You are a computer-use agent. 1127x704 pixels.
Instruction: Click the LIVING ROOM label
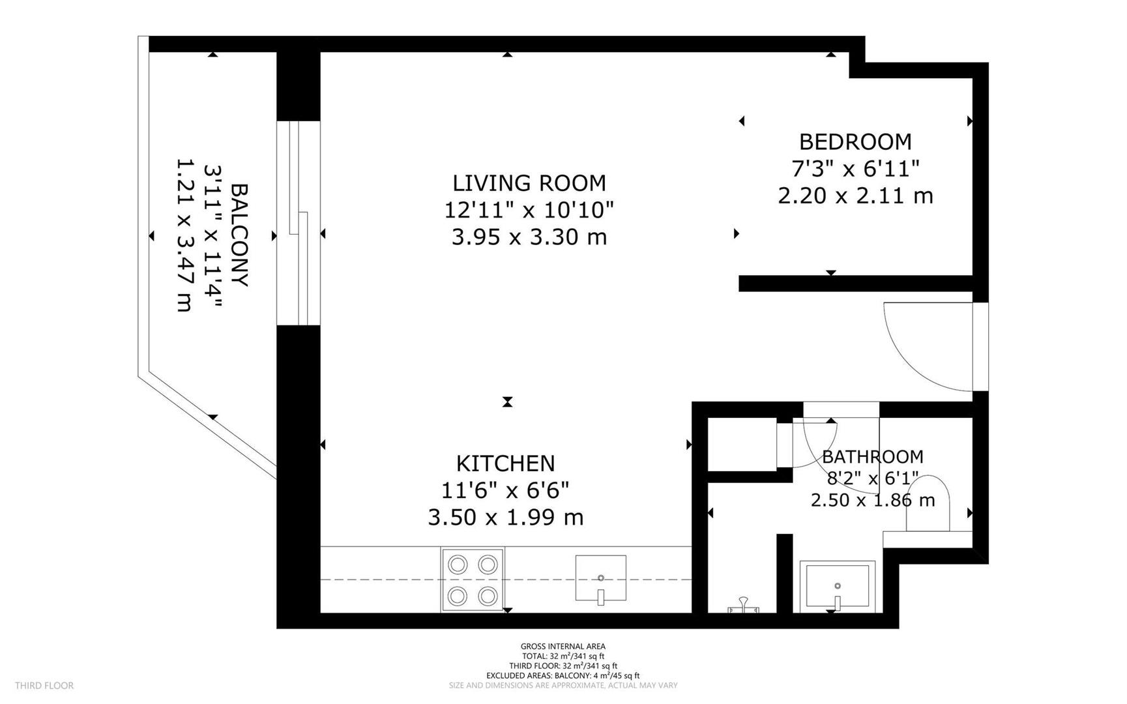pos(529,183)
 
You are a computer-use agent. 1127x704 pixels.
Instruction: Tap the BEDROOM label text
pos(855,141)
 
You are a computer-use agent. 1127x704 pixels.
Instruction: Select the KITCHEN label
pos(505,463)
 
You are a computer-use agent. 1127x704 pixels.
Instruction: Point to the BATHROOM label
pos(872,456)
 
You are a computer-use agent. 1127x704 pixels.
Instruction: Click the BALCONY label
pos(239,235)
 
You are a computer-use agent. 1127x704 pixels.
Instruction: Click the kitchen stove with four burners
pos(473,579)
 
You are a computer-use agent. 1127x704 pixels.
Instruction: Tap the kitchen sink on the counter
pos(600,578)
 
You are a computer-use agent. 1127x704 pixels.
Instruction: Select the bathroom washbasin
pos(838,585)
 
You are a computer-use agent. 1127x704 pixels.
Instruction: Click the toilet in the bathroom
pos(928,504)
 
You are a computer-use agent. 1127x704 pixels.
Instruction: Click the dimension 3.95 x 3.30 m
pos(529,237)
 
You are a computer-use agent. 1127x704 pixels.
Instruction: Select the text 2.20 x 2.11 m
pos(855,196)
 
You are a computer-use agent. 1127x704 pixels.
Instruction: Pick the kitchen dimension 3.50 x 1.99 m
pos(505,518)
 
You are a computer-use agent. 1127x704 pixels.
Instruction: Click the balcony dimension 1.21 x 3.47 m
pos(184,235)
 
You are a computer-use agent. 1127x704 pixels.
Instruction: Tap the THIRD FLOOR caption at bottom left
pos(44,685)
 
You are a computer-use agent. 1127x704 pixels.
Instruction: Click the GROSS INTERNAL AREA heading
pos(563,647)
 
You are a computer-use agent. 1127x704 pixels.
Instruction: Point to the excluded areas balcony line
pos(563,675)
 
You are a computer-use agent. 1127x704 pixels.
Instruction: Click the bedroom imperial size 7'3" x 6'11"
pos(855,169)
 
